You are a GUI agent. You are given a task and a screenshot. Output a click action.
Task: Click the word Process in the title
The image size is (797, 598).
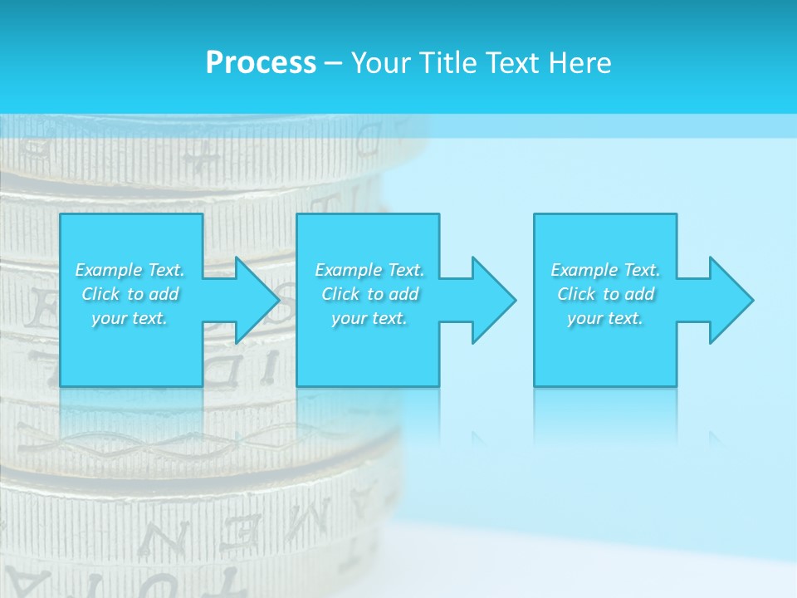pyautogui.click(x=261, y=63)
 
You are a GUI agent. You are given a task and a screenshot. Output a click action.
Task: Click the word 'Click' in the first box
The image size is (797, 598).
pyautogui.click(x=100, y=294)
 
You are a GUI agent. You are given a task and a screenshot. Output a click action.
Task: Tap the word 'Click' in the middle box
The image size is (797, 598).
pyautogui.click(x=340, y=294)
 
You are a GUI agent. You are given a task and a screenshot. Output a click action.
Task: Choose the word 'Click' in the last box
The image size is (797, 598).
pyautogui.click(x=576, y=294)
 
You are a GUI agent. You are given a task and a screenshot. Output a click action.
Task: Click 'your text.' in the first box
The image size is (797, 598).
pyautogui.click(x=130, y=318)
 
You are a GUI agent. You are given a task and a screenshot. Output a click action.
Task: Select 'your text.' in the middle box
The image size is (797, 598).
pyautogui.click(x=369, y=318)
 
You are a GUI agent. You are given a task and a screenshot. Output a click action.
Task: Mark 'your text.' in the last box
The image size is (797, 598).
pyautogui.click(x=605, y=318)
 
